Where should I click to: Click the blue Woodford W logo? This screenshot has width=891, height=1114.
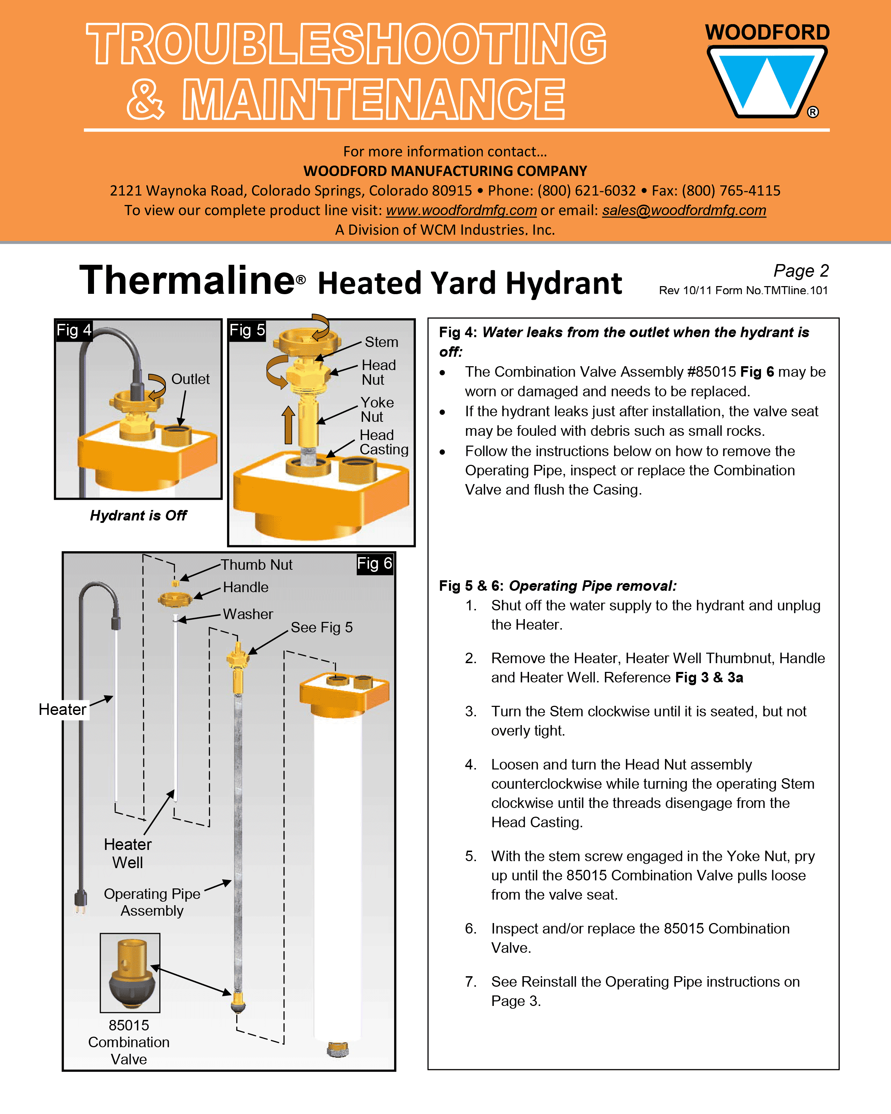tap(767, 81)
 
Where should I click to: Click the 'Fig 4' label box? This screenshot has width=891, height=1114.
tap(74, 330)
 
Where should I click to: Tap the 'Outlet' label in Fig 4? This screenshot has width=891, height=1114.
tap(190, 379)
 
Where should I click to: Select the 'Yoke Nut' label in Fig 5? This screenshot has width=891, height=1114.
tap(377, 409)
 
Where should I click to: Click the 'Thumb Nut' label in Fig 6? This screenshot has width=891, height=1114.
tap(256, 565)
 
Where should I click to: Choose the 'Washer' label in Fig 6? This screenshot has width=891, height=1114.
tap(248, 614)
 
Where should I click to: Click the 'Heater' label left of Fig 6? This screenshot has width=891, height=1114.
tap(63, 709)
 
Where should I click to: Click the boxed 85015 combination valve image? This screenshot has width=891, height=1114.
tap(130, 972)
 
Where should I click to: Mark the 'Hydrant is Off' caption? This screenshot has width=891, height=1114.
tap(138, 515)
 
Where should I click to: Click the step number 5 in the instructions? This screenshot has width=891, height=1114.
tap(470, 856)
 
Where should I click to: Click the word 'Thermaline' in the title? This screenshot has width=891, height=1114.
tap(187, 281)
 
